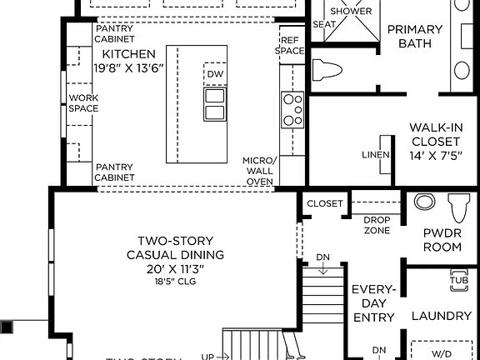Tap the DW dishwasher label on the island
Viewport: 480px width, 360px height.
click(x=215, y=74)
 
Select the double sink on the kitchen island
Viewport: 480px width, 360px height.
click(x=214, y=104)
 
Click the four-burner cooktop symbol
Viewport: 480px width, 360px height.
click(x=292, y=110)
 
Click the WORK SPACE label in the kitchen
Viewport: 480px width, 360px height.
click(x=83, y=102)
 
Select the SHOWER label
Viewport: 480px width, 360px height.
click(x=351, y=11)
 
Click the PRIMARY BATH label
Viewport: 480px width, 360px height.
click(x=414, y=36)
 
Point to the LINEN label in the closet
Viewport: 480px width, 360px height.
click(x=375, y=155)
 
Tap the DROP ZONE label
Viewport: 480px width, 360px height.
click(x=377, y=224)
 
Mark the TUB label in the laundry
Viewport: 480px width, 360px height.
click(x=458, y=279)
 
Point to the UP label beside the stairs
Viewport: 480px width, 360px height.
click(x=207, y=356)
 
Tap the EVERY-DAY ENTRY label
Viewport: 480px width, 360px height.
click(x=372, y=303)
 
